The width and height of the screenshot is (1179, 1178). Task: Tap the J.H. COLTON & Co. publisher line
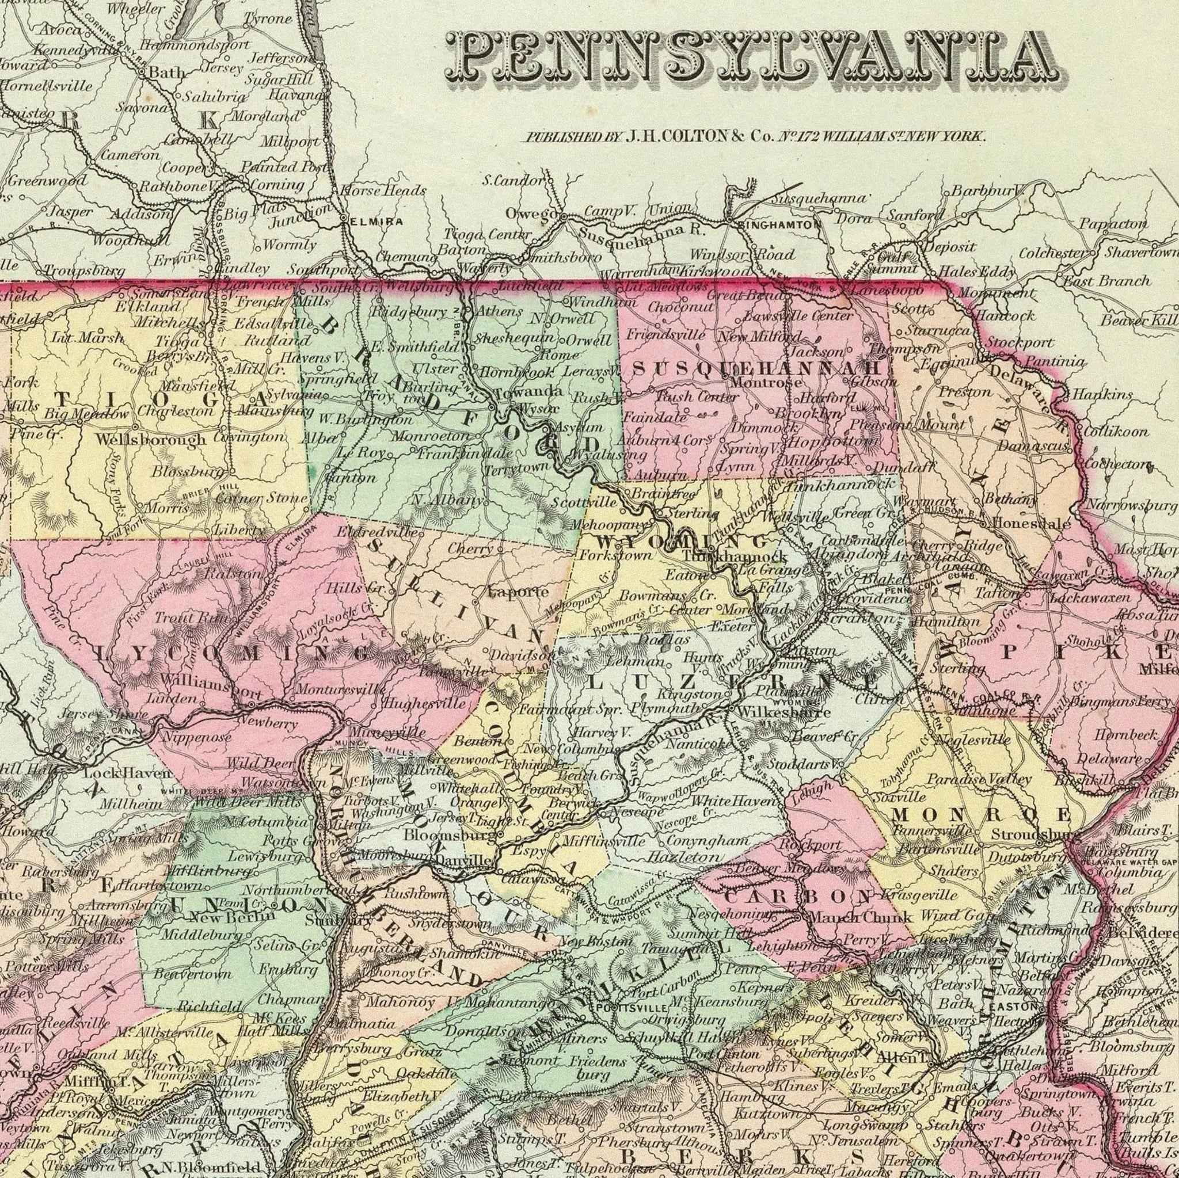[756, 136]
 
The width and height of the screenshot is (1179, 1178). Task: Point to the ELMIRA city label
[376, 222]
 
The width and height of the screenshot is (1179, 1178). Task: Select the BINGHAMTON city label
[779, 224]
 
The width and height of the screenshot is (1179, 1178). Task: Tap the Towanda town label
[528, 391]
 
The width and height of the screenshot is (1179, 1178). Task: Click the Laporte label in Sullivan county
[518, 591]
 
